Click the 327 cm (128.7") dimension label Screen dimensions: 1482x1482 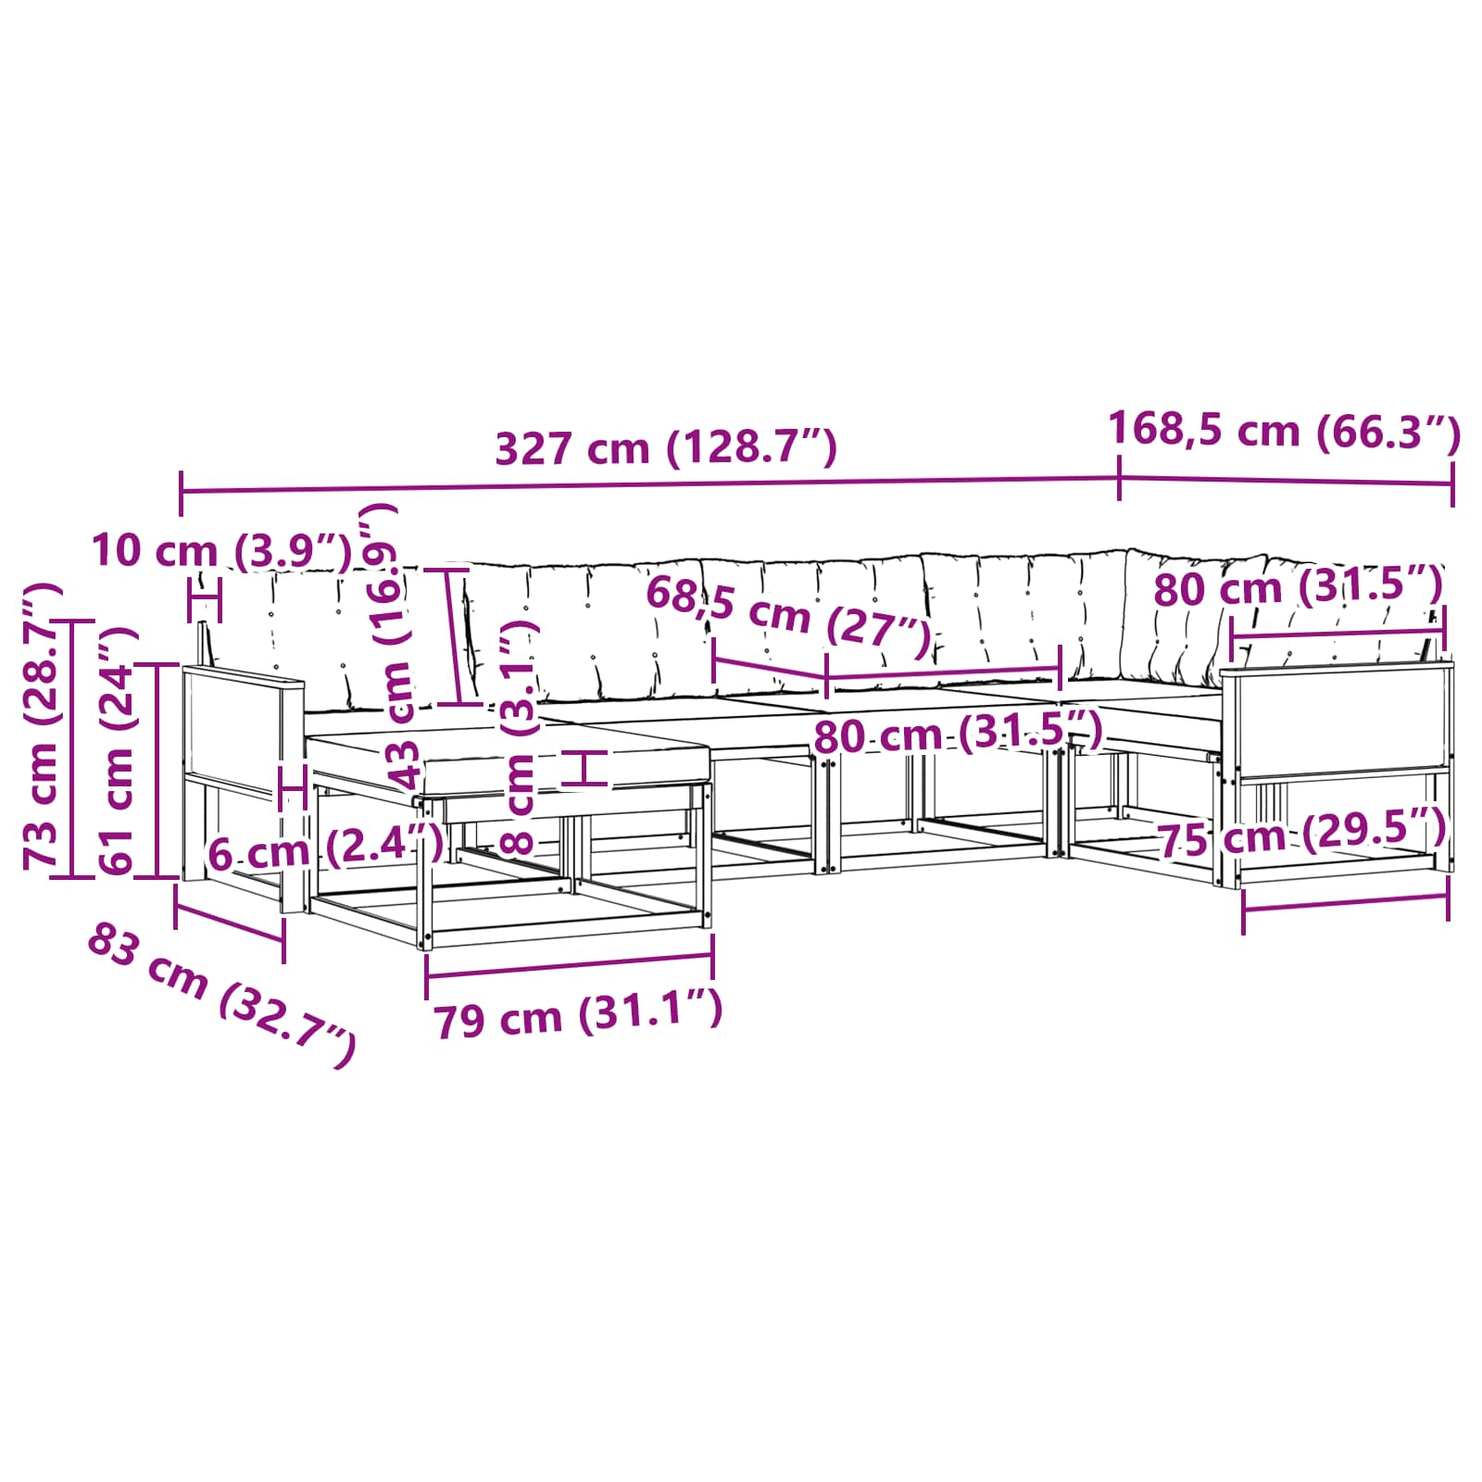(x=666, y=448)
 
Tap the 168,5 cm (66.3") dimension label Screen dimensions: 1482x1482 (x=1285, y=430)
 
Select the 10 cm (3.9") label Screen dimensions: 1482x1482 (x=222, y=550)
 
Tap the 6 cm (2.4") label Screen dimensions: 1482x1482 (x=325, y=849)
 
